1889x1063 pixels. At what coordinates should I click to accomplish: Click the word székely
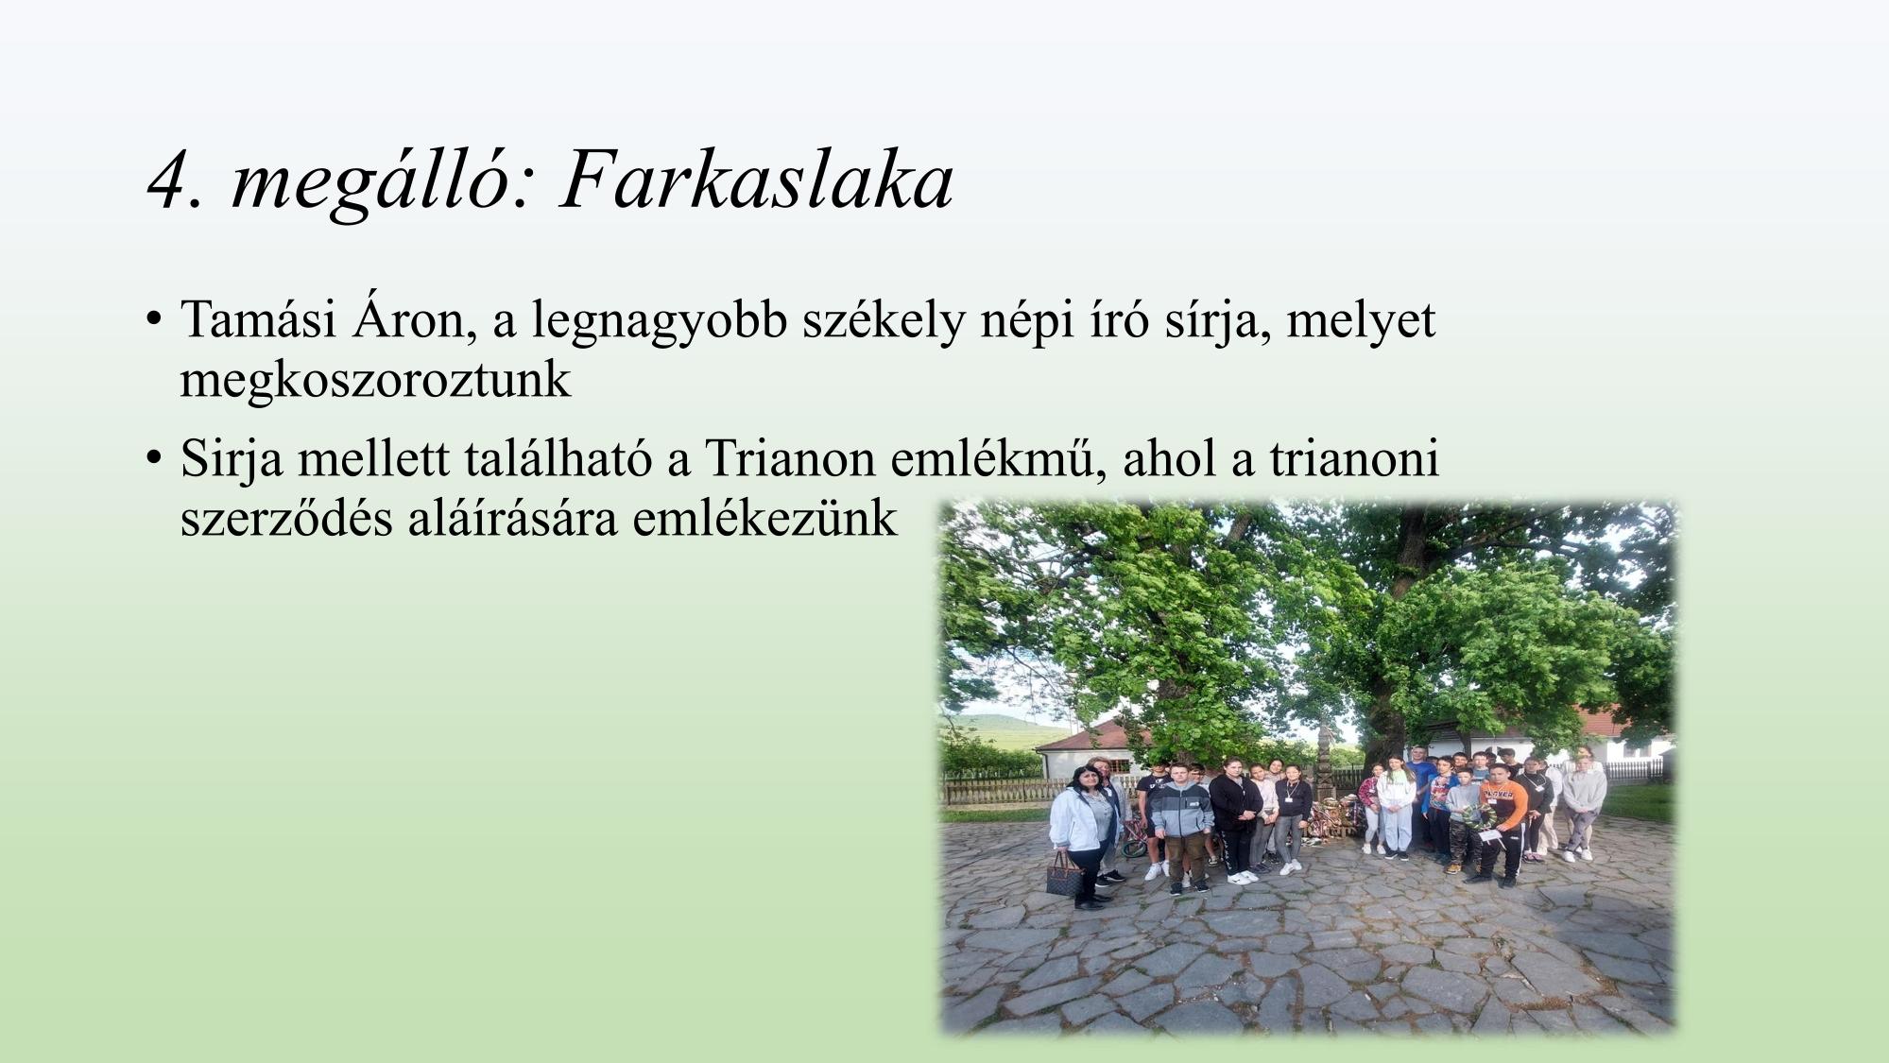click(x=884, y=321)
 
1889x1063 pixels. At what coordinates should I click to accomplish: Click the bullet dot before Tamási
click(x=152, y=320)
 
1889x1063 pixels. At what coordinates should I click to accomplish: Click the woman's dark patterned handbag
click(x=1064, y=876)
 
